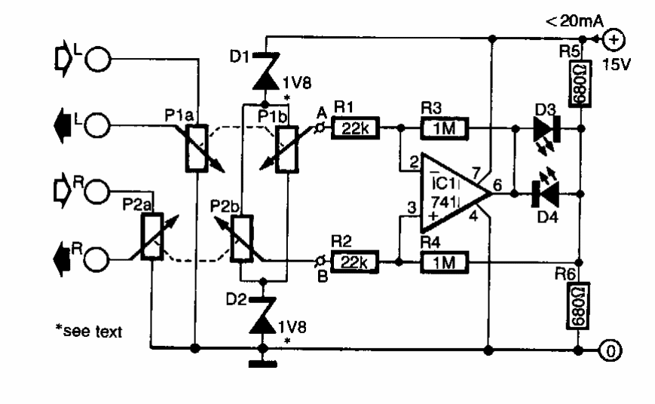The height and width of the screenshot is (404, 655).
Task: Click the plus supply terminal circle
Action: pos(613,38)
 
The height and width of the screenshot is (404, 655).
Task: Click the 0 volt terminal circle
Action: pos(612,349)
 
